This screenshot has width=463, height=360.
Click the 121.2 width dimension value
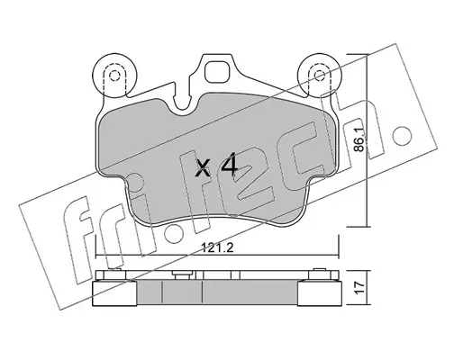pyautogui.click(x=217, y=248)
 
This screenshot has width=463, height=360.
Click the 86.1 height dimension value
pyautogui.click(x=360, y=139)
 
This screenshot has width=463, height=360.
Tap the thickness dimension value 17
pyautogui.click(x=360, y=287)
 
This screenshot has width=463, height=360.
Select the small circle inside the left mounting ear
pyautogui.click(x=114, y=76)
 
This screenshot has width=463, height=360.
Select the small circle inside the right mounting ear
pyautogui.click(x=319, y=76)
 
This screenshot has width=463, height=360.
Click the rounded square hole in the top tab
pyautogui.click(x=217, y=71)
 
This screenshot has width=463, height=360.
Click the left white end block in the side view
pyautogui.click(x=114, y=293)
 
